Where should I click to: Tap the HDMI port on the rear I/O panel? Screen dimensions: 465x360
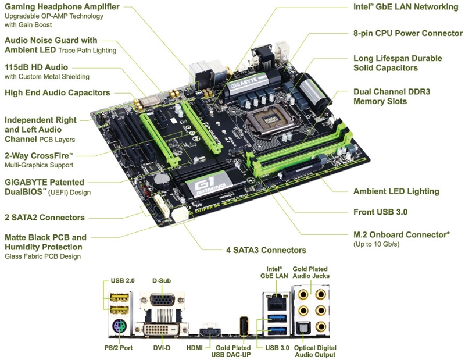(x=210, y=332)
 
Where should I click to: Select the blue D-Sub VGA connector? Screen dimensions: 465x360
(x=162, y=300)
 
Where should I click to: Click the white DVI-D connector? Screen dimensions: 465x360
(x=162, y=329)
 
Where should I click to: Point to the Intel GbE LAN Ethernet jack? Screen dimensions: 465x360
(x=276, y=302)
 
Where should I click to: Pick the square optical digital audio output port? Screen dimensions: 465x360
(x=303, y=327)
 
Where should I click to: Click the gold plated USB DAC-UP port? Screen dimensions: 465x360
(x=244, y=326)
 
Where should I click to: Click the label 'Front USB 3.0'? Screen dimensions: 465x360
(x=380, y=212)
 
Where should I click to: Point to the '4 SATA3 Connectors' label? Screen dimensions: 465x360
(x=266, y=250)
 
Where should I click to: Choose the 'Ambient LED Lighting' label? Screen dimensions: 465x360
(x=396, y=191)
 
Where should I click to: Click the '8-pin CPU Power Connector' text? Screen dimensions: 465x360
(x=408, y=33)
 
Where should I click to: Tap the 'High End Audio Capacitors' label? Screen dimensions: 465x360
(x=57, y=93)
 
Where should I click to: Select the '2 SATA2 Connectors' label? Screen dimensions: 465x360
(x=45, y=218)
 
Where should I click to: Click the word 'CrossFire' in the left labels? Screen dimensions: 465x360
(x=52, y=155)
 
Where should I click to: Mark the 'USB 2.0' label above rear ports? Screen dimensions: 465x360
(x=123, y=280)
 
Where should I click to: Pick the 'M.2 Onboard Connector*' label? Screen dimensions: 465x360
(x=402, y=235)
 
